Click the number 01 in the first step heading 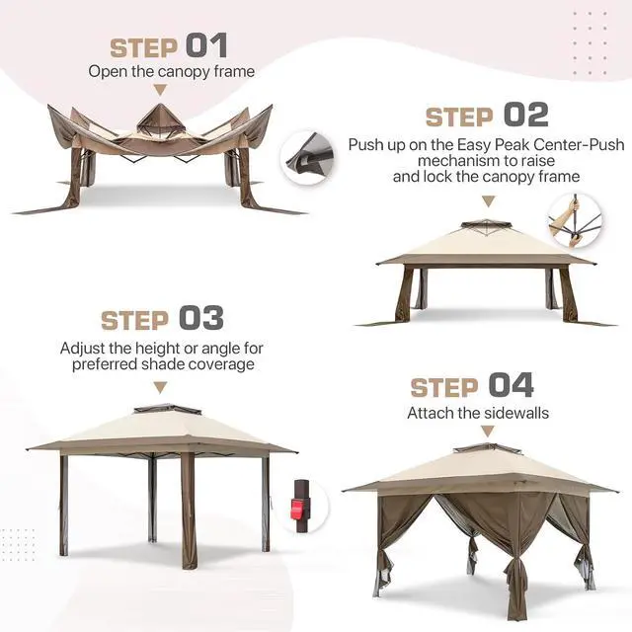click(x=206, y=45)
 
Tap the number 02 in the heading click(x=526, y=115)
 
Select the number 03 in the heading click(x=201, y=318)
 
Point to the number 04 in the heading click(x=512, y=385)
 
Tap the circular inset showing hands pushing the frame click(x=575, y=221)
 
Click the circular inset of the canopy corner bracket click(x=308, y=158)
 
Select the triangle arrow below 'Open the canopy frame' click(x=160, y=90)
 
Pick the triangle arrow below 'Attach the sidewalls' click(x=488, y=432)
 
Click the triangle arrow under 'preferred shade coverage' click(x=160, y=387)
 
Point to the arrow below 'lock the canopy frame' click(x=489, y=201)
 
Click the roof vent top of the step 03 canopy click(x=167, y=409)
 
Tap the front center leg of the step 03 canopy click(x=189, y=510)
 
